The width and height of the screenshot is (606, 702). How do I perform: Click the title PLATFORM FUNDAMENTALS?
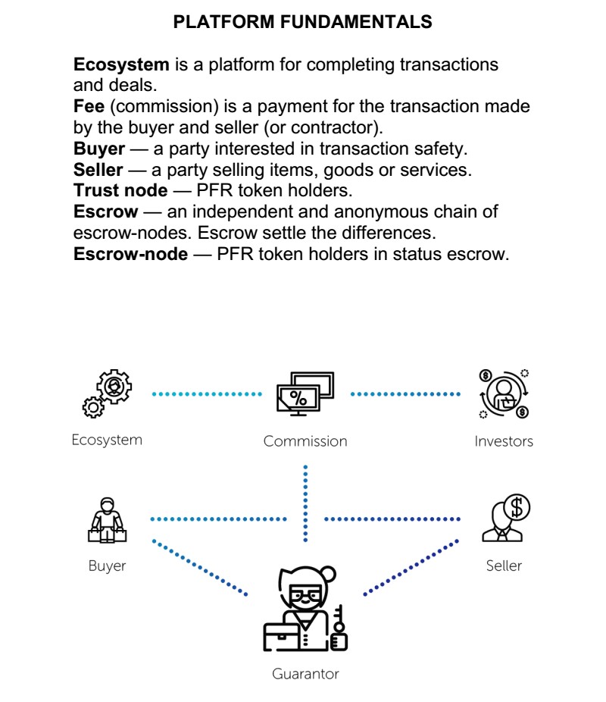pos(302,21)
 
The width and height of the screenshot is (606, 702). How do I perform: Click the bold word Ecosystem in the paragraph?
pos(121,64)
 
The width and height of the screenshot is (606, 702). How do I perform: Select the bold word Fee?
pos(89,106)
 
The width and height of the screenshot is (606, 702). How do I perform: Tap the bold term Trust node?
pos(120,190)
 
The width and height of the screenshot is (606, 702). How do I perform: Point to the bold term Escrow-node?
pos(130,254)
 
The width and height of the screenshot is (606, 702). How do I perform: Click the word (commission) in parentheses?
pos(164,107)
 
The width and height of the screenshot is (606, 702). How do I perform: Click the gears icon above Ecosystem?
pos(108,393)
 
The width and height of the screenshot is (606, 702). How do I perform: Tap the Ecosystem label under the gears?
pos(107,440)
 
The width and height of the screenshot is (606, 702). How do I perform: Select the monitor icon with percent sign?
pos(305,393)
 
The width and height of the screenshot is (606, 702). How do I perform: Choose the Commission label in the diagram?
pos(305,441)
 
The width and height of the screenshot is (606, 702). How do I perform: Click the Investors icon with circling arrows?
pos(504,394)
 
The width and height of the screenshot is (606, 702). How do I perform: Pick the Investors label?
pos(504,441)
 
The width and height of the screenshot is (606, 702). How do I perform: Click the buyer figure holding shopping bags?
pos(108,520)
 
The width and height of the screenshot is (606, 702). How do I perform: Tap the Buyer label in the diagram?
pos(108,566)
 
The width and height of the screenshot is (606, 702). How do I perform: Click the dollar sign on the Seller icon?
pos(517,507)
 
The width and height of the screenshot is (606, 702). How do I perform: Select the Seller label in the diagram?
pos(504,566)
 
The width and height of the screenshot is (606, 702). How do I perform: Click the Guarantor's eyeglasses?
pos(305,594)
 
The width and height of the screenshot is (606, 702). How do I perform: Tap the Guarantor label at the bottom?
pos(305,674)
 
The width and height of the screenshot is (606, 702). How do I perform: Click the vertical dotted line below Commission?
pos(305,503)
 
